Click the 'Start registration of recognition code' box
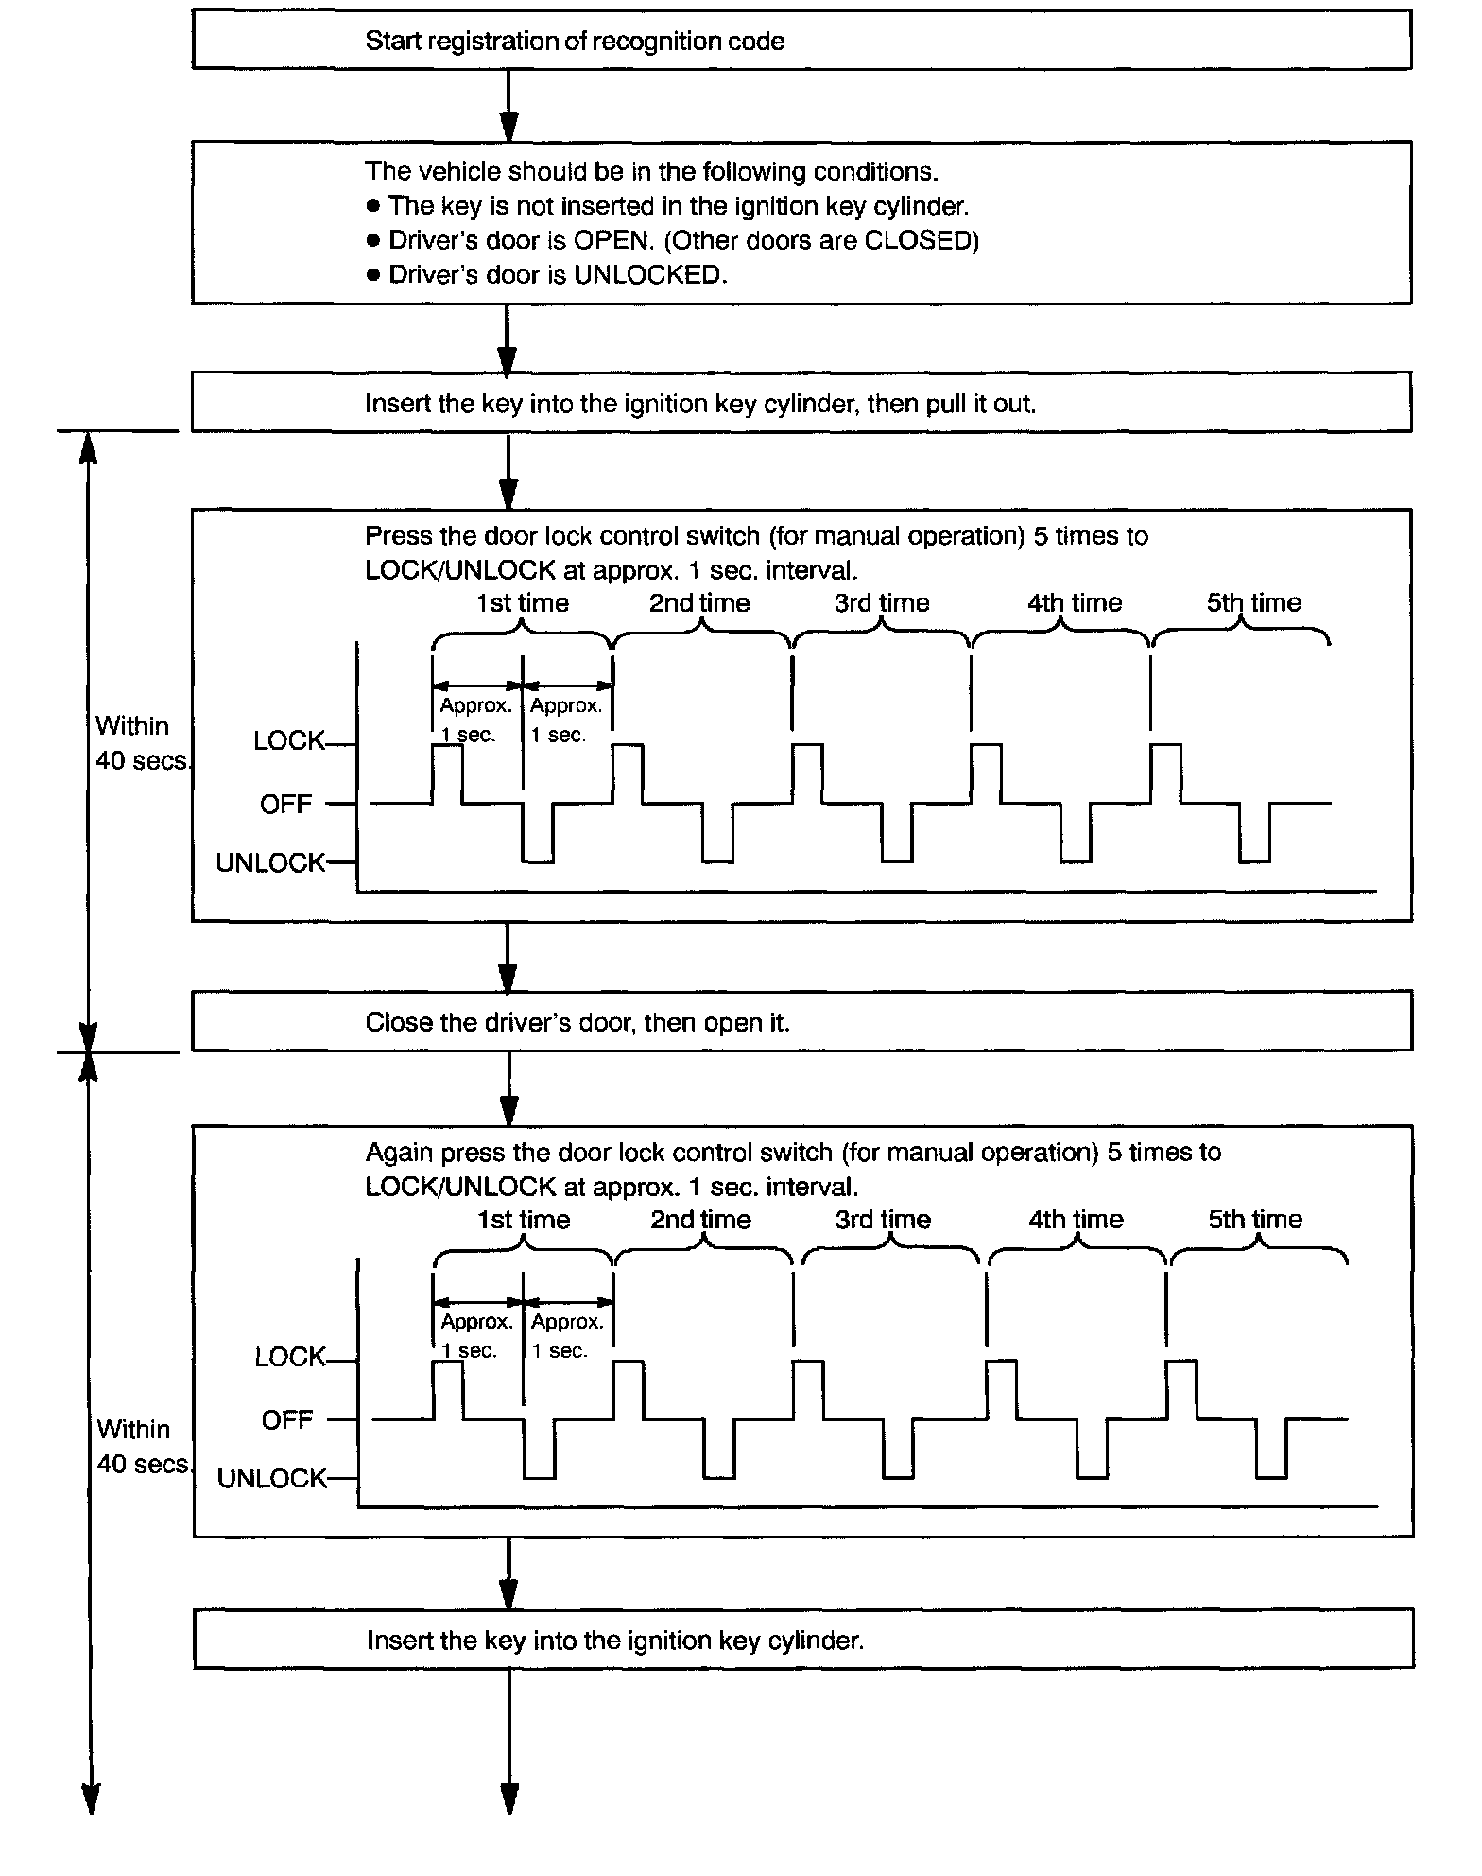pyautogui.click(x=801, y=41)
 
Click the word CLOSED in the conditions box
pyautogui.click(x=918, y=240)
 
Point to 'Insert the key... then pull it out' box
pyautogui.click(x=801, y=404)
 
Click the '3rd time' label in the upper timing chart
pyautogui.click(x=882, y=603)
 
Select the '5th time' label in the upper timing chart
pyautogui.click(x=1253, y=603)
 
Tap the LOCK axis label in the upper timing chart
pyautogui.click(x=288, y=741)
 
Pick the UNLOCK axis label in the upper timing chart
pyautogui.click(x=270, y=863)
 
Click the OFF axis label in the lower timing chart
pyautogui.click(x=286, y=1420)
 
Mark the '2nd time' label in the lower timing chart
pyautogui.click(x=700, y=1220)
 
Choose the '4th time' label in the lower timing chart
pyautogui.click(x=1076, y=1220)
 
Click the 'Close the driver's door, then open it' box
pyautogui.click(x=801, y=1022)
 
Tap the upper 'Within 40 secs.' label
pyautogui.click(x=142, y=743)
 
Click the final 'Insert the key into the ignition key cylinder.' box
pyautogui.click(x=802, y=1641)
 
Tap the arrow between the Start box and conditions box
pyautogui.click(x=508, y=105)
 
